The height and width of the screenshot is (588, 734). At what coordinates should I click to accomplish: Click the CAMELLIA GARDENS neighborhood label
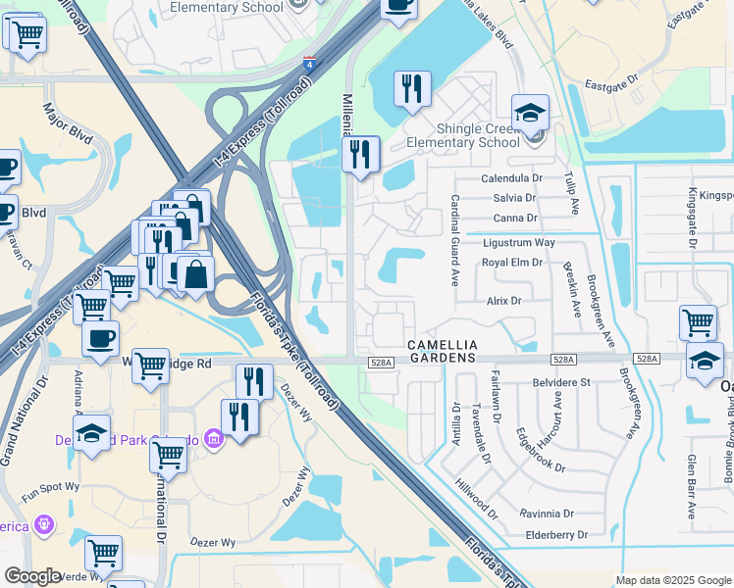point(443,352)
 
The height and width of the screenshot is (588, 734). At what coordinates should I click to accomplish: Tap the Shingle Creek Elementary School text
point(463,135)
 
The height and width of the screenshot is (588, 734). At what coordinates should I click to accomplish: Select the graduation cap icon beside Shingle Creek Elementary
point(530,115)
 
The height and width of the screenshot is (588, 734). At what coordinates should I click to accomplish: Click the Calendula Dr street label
point(511,179)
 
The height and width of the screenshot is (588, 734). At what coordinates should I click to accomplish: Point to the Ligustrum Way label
point(518,242)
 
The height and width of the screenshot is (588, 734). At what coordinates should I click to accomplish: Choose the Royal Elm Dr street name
point(511,263)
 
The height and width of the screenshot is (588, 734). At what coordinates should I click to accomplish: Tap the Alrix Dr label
point(503,301)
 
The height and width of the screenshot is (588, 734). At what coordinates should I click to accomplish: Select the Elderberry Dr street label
point(555,535)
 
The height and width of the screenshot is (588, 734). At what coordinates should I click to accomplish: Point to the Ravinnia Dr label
point(547,514)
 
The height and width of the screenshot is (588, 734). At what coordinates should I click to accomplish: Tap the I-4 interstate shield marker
point(308,61)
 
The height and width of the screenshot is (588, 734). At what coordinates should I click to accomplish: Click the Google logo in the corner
point(32,576)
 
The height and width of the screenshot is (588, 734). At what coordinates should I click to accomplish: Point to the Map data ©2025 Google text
point(673,580)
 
